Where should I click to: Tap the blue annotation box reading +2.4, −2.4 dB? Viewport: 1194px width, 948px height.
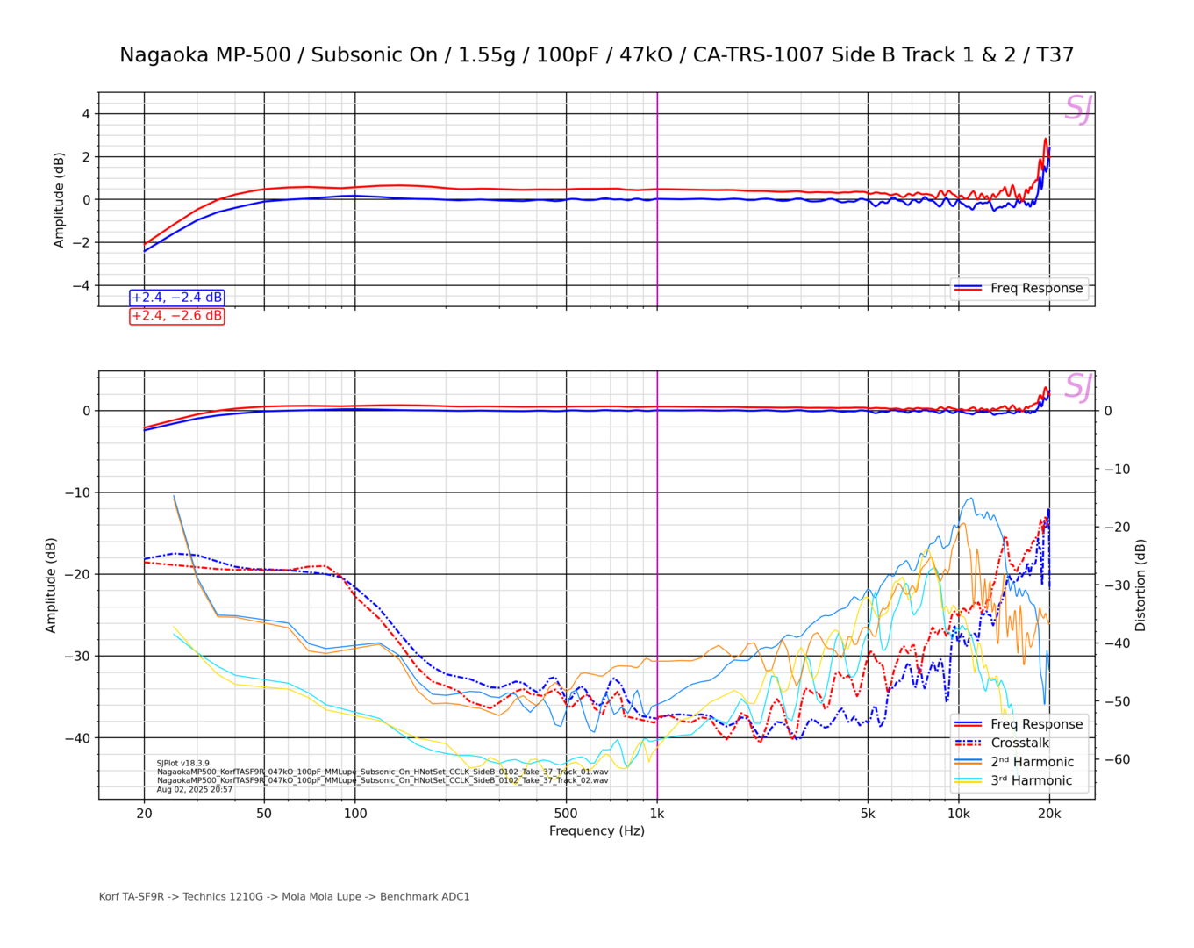tap(177, 298)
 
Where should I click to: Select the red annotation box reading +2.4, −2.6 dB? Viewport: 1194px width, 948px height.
tap(177, 316)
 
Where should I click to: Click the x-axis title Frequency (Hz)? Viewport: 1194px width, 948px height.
tap(597, 830)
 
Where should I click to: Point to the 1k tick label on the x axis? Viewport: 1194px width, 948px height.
tap(657, 814)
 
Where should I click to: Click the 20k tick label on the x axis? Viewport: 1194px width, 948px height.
tap(1049, 814)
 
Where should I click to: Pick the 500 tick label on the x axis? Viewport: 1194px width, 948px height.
tap(566, 814)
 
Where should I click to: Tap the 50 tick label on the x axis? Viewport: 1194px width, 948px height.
tap(264, 814)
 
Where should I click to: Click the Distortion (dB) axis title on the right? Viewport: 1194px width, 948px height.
tap(1140, 585)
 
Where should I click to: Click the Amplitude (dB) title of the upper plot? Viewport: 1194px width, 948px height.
tap(59, 200)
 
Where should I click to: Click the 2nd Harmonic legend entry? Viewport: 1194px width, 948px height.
tap(1032, 762)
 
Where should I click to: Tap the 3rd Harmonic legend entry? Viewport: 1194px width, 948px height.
tap(1032, 780)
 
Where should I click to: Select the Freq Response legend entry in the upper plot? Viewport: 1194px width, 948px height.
tap(1036, 288)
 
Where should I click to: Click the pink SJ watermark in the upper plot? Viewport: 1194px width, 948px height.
tap(1077, 109)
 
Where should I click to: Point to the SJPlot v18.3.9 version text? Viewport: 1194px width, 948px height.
tap(183, 764)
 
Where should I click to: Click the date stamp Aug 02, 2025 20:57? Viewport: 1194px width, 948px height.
tap(195, 789)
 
